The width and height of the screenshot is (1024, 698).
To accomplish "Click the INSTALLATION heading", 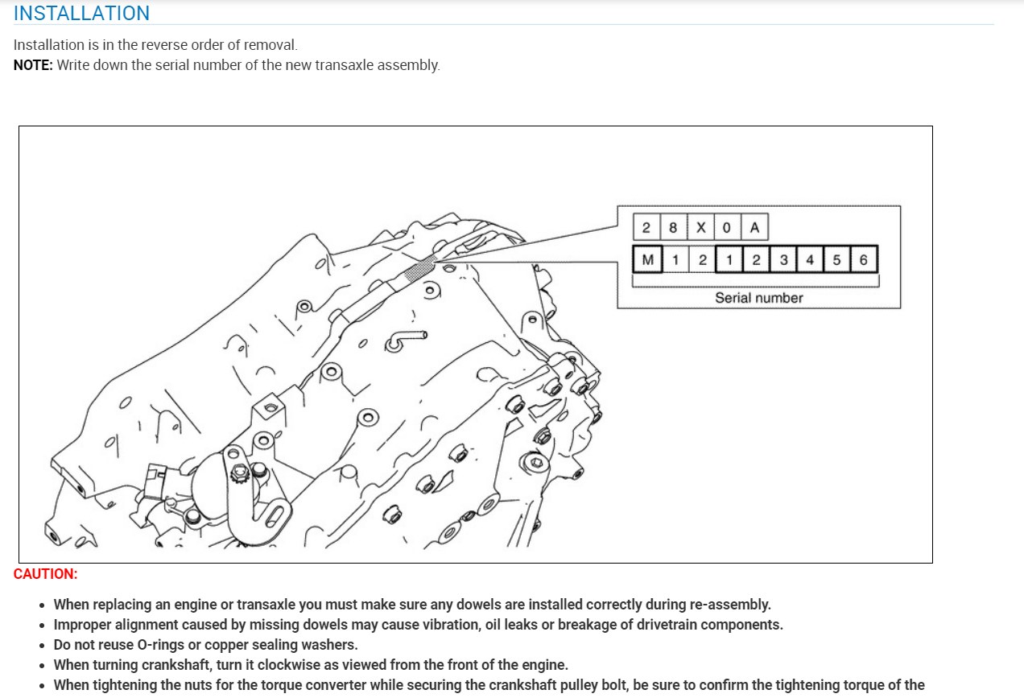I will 81,14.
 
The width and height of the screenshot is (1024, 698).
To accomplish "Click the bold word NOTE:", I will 33,65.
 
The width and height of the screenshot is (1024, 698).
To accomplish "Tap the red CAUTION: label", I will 46,574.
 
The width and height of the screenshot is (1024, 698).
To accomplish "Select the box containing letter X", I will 700,228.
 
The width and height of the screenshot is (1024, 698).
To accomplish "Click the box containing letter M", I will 647,260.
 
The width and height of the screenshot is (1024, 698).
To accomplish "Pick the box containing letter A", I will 754,228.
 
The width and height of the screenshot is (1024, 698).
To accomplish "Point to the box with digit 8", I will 673,228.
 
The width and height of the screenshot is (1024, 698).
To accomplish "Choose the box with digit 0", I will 727,228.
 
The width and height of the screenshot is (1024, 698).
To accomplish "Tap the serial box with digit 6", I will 863,260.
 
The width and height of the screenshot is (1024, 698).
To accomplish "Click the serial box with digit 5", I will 836,260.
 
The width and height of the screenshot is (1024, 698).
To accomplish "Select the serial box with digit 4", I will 809,260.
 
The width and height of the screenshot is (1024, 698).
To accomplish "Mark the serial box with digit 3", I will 782,260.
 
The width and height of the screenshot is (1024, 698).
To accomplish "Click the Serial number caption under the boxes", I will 758,298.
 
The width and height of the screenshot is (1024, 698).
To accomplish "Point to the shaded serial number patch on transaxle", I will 419,270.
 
